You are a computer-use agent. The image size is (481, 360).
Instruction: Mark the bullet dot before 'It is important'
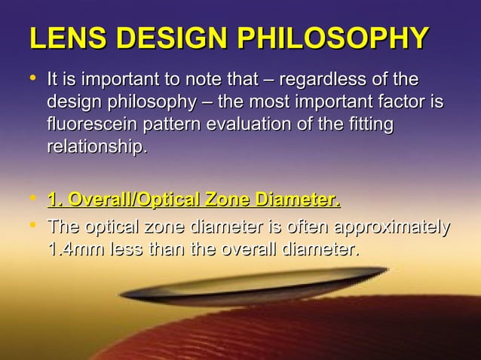(x=32, y=78)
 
